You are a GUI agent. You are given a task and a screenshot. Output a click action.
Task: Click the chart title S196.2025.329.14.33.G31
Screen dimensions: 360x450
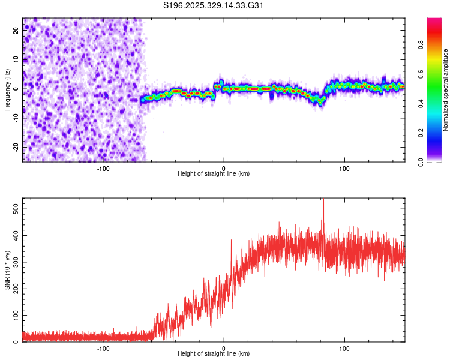(214, 6)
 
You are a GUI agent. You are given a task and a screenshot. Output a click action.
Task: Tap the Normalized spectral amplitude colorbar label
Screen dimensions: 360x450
(446, 90)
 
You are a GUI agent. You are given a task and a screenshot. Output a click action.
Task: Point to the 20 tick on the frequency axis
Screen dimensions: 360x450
(16, 31)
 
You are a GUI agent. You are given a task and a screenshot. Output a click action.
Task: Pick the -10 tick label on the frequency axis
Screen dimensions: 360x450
(16, 118)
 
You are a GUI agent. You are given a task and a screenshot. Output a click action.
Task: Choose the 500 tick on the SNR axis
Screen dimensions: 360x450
(16, 208)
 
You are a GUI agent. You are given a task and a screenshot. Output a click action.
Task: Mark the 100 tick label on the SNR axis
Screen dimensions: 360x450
(16, 315)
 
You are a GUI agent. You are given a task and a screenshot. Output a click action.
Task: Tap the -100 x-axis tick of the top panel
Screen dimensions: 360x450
(103, 168)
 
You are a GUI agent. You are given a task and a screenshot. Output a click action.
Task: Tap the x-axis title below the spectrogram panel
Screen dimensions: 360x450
(214, 174)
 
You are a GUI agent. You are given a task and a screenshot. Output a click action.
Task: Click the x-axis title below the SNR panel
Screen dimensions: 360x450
(214, 354)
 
